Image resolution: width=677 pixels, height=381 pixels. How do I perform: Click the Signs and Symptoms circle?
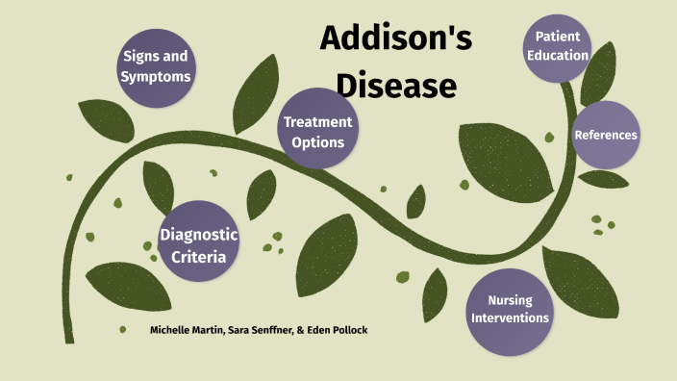pos(155,66)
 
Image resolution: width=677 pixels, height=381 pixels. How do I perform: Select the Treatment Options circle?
pos(317,132)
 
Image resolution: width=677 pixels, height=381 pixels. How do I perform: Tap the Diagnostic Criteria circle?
pos(198,244)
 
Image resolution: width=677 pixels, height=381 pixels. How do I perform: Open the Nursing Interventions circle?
pos(511,307)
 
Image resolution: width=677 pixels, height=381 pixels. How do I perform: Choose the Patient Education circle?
pos(557,44)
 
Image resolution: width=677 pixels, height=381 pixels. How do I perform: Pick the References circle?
pos(605,135)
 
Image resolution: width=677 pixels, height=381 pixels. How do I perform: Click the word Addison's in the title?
pos(395,39)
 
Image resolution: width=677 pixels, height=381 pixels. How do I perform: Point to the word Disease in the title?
pos(395,85)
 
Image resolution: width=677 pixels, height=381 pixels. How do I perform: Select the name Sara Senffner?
pos(264,330)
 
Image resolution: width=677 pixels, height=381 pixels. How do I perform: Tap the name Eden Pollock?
pos(337,330)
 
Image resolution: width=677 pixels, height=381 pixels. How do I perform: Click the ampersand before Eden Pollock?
pos(301,330)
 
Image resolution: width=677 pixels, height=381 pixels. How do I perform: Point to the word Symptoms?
pos(155,76)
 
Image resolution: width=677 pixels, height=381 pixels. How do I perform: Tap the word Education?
pos(557,55)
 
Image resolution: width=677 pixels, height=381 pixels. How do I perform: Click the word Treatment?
pos(317,122)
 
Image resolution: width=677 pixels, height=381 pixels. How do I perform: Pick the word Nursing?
pos(510,300)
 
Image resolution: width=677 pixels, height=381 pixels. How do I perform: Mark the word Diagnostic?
pos(198,235)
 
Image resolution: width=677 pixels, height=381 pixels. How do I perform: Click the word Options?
pos(317,142)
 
